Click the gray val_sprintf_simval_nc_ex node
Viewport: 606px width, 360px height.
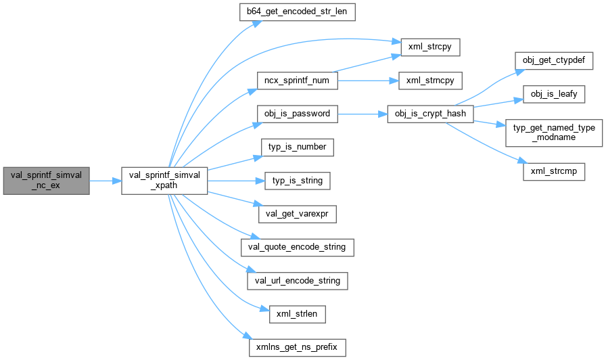pos(46,181)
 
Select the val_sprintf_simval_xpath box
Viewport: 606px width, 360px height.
pos(164,181)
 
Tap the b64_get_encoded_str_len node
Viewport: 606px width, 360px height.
pos(298,13)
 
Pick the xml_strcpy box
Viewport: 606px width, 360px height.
pos(430,47)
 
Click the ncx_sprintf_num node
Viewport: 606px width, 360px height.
pos(297,81)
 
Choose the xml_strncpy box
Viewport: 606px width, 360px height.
pos(430,81)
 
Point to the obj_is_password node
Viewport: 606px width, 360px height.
pos(297,114)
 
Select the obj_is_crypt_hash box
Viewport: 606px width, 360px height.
pos(430,114)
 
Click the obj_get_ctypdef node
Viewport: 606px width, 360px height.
pos(553,61)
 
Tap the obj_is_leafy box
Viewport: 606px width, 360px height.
pos(553,94)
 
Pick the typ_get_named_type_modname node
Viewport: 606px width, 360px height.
pos(553,133)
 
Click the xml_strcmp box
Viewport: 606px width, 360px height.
pos(553,171)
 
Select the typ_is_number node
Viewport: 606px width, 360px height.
pos(297,147)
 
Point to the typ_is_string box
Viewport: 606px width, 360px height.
pos(297,181)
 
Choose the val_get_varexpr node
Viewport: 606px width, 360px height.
pos(297,214)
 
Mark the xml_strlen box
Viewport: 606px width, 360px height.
pos(297,314)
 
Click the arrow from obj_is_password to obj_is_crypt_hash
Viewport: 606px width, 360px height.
pos(362,114)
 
